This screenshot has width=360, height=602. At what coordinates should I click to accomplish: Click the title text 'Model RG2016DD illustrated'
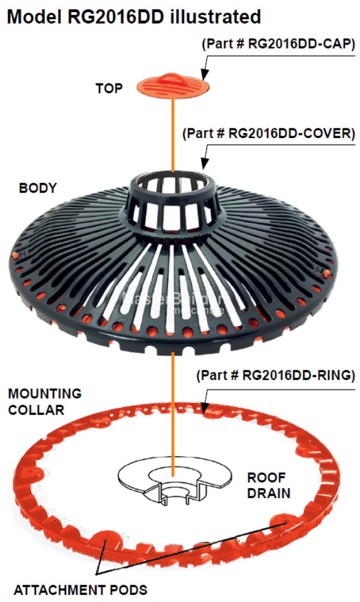pos(133,16)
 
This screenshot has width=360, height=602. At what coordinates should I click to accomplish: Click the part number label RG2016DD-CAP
pos(278,44)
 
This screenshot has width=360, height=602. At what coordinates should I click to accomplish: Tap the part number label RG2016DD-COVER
pos(268,134)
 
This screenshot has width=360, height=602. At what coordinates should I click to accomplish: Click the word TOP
pos(109,89)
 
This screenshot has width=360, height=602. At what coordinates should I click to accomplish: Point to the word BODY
pos(38,188)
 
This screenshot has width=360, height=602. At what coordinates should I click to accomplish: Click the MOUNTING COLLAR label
pos(44,402)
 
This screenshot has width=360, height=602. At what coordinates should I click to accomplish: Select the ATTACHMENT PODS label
pos(80,590)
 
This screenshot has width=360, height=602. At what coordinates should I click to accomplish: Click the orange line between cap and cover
pos(173,132)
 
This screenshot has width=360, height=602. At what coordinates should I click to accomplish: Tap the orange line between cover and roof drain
pos(173,408)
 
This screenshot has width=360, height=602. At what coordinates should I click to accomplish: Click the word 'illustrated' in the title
pos(217,16)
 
